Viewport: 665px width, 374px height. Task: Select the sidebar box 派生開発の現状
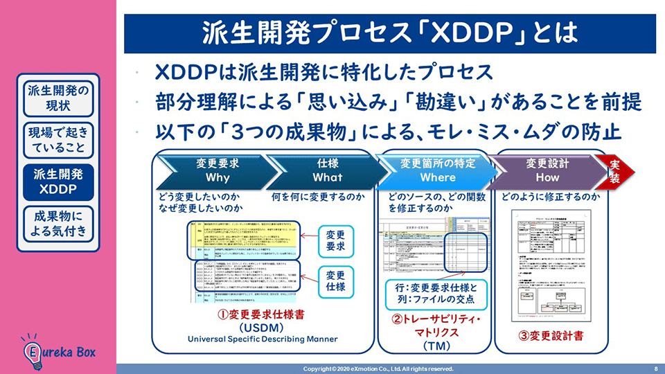click(x=59, y=98)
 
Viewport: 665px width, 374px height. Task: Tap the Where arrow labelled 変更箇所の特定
click(x=437, y=170)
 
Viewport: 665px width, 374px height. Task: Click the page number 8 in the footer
click(x=655, y=368)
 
